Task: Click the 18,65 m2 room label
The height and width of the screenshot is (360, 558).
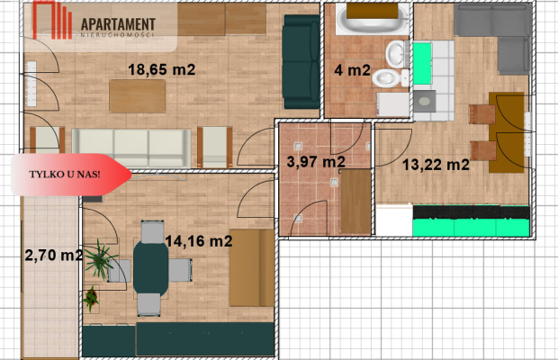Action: point(162,69)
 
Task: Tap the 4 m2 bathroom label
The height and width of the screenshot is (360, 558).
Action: point(352,70)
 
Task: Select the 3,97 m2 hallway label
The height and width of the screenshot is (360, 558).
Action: point(316,162)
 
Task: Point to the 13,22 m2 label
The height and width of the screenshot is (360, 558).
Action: point(436,165)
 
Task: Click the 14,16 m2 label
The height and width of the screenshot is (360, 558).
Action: point(199,241)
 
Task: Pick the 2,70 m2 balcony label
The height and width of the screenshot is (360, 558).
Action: point(54,255)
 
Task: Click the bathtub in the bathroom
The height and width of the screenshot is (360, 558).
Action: point(373,19)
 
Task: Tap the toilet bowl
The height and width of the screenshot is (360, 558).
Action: point(390,78)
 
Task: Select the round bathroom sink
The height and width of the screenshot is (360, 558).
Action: point(395,54)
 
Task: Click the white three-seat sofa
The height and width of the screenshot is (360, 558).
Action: point(131,148)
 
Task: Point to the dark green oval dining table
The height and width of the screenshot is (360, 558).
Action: point(151,268)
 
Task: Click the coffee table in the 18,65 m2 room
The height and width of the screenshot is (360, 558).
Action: point(138,96)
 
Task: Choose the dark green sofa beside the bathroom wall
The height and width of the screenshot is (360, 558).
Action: point(301,61)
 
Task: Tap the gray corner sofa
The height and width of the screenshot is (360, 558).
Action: point(499,32)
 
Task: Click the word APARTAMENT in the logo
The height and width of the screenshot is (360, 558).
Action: point(118,24)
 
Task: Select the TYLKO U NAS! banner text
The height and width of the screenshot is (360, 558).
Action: point(65,175)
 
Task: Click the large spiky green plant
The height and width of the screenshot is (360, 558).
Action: point(100,260)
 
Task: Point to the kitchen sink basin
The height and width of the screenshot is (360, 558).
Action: point(425,102)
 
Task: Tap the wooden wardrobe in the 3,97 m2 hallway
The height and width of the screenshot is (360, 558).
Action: point(355,202)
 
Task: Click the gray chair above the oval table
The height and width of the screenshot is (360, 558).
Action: point(152,231)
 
